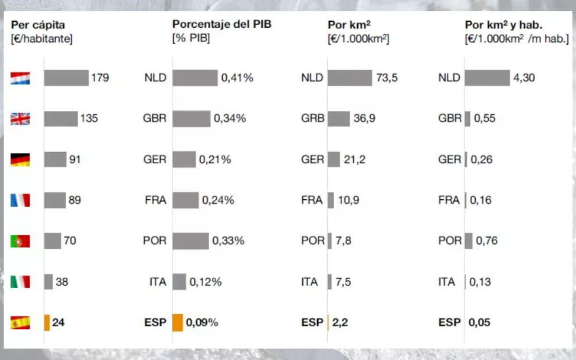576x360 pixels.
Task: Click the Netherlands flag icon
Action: [20, 78]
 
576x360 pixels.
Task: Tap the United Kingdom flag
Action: [20, 119]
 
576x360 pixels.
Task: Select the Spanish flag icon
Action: [20, 323]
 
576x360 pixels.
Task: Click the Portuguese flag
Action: [20, 241]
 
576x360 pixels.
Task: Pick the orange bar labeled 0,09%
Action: [178, 323]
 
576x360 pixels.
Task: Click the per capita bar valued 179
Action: [66, 78]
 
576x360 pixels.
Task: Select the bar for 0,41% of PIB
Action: [195, 78]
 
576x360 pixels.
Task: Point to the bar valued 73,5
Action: [349, 78]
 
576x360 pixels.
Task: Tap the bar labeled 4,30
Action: [487, 78]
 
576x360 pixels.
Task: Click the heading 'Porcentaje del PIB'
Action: [221, 24]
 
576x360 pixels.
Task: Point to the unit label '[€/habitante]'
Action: [42, 39]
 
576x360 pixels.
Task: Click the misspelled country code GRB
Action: [313, 119]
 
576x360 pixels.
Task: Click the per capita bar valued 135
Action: [61, 119]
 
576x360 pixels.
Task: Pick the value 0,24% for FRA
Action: [218, 200]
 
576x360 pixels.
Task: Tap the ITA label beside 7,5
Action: [310, 282]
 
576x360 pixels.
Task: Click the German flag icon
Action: [20, 159]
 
